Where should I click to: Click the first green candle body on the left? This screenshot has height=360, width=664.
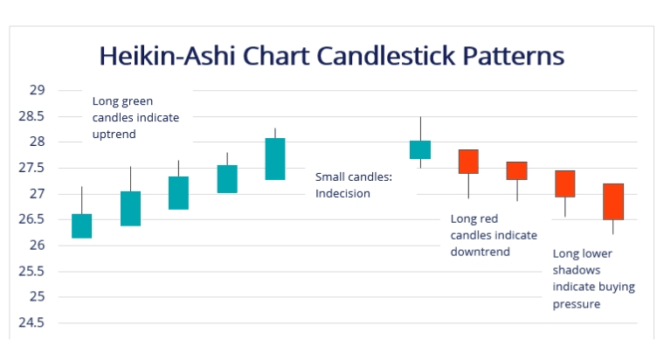82,225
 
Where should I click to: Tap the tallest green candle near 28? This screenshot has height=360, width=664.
275,159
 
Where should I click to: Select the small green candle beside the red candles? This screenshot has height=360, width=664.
420,149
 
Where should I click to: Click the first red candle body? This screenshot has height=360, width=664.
468,162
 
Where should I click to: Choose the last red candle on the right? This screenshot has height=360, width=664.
613,201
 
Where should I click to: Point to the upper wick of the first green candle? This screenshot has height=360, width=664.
82,200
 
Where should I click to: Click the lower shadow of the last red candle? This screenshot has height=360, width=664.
613,227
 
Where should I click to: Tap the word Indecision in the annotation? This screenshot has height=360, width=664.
343,193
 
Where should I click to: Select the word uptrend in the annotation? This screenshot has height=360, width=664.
115,135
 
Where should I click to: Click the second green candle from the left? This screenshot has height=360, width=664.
130,208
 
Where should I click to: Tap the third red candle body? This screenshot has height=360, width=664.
565,183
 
